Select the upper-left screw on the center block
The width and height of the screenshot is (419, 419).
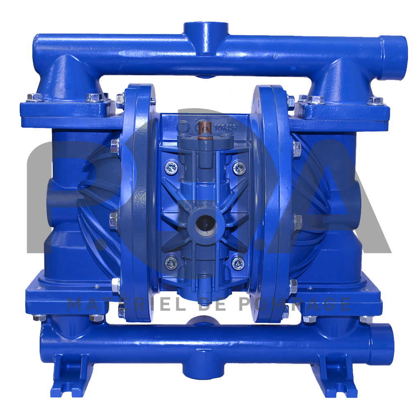point(171,167)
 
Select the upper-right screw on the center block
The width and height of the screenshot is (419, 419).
point(239,167)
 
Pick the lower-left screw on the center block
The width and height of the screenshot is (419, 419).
point(171,263)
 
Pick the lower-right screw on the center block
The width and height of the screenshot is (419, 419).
point(238,263)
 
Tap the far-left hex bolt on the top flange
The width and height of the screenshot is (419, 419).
point(34,97)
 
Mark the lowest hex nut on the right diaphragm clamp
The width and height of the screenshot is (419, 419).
point(293,286)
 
